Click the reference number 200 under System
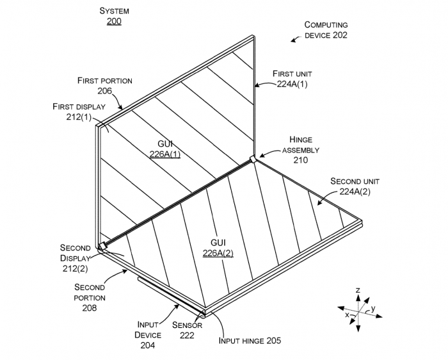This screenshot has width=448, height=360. click(x=115, y=21)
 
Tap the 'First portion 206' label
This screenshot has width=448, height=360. click(x=105, y=86)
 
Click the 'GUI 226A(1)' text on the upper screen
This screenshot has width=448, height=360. click(x=165, y=149)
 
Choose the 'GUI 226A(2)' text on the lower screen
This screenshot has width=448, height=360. click(x=218, y=247)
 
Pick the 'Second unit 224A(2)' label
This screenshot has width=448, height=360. click(x=355, y=186)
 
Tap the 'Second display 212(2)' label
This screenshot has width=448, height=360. click(x=74, y=258)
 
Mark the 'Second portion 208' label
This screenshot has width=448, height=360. click(x=90, y=297)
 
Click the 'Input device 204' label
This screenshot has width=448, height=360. click(x=148, y=335)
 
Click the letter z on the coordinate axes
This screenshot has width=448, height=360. click(x=358, y=291)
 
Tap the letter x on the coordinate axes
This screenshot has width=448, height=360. click(x=347, y=315)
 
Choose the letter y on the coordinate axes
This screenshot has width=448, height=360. click(x=372, y=308)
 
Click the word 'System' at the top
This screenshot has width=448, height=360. click(x=115, y=11)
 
